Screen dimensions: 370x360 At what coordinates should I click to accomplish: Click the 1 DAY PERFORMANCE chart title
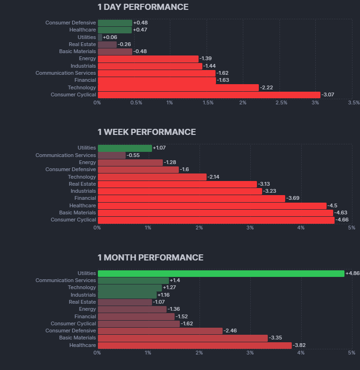(143, 7)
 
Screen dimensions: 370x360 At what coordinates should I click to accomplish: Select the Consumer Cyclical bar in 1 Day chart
(209, 95)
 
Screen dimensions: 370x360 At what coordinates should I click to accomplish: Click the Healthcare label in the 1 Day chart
(82, 30)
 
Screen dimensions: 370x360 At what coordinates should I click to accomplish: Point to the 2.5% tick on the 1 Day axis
(281, 102)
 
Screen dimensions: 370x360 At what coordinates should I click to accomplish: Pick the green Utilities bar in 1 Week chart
(125, 148)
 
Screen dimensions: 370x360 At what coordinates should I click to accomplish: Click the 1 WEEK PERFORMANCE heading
(147, 132)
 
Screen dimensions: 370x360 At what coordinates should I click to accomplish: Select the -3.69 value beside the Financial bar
(294, 198)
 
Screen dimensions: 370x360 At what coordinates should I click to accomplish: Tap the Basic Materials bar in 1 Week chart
(215, 213)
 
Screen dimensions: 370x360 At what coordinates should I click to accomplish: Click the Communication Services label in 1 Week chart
(65, 155)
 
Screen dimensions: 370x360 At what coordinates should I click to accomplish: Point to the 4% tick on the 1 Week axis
(301, 228)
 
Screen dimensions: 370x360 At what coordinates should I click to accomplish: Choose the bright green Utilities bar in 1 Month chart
(221, 274)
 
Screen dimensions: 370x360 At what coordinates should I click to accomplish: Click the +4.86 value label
(352, 274)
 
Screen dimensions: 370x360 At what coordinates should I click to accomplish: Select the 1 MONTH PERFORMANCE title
(151, 258)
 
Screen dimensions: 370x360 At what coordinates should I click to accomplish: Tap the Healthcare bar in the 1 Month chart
(194, 346)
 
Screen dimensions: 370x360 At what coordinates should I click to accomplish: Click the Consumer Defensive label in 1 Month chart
(71, 331)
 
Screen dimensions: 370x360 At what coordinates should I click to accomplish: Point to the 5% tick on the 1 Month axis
(351, 353)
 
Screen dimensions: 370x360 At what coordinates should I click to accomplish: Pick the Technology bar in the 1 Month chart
(129, 288)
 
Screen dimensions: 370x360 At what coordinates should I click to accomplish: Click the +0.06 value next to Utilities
(110, 37)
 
